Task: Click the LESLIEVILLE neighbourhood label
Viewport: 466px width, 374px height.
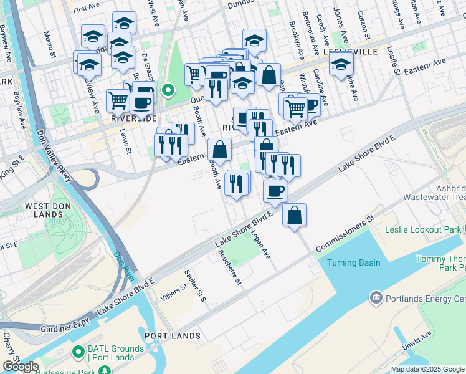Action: pos(350,52)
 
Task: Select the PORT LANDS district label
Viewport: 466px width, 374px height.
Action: pos(173,336)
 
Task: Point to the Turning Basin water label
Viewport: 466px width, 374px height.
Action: pos(354,262)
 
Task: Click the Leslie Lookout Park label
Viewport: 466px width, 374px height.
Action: pos(423,229)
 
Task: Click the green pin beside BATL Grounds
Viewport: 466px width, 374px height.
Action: pos(77,353)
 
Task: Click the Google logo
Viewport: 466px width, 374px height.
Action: pos(21,367)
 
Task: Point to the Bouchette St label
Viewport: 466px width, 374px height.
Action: pos(230,267)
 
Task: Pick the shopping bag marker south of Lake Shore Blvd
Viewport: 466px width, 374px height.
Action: pos(295,215)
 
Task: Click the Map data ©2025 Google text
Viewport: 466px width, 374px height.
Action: pos(427,369)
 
